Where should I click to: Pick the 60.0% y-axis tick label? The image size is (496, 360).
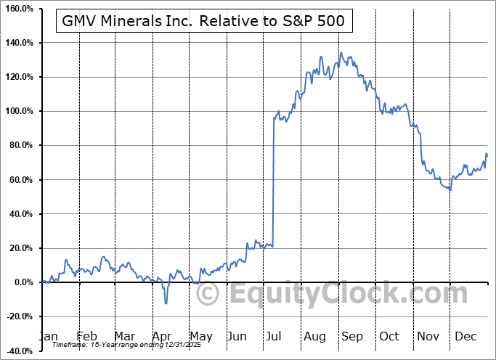[x=20, y=179]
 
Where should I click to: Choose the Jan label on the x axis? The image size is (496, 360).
[x=48, y=336]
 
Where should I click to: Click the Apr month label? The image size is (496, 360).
[x=163, y=336]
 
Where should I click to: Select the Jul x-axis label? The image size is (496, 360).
[x=275, y=336]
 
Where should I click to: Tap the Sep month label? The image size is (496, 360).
[x=351, y=336]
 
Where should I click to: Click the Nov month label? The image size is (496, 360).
[x=428, y=336]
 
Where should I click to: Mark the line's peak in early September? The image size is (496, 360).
[x=341, y=52]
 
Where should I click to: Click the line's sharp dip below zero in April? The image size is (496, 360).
[x=166, y=303]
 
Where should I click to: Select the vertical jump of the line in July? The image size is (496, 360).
[x=273, y=181]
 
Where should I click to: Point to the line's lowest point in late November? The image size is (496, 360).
[x=450, y=190]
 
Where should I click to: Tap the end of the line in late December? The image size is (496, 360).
[x=487, y=155]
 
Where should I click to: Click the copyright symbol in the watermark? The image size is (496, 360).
[x=208, y=295]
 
